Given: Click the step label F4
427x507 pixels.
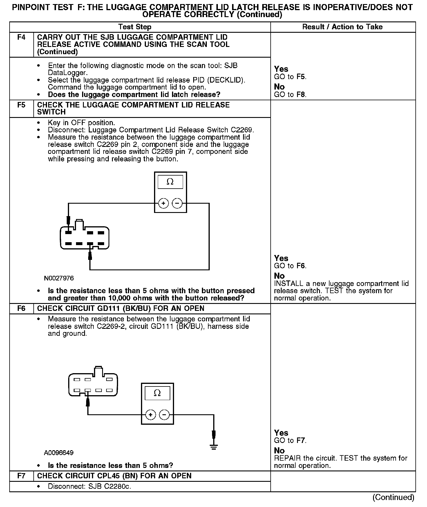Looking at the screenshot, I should [x=21, y=37].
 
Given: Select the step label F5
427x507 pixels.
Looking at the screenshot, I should [x=21, y=105].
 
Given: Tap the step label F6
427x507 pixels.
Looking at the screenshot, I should [x=21, y=308].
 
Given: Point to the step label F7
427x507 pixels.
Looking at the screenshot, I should [x=21, y=476].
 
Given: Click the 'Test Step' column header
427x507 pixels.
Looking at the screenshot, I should [x=135, y=27].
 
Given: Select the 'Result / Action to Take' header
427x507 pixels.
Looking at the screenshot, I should [x=342, y=27].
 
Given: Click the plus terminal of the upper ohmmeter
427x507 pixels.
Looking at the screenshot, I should [x=164, y=203].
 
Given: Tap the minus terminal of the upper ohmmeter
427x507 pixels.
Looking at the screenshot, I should [x=177, y=203].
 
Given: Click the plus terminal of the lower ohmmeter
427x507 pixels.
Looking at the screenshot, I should [x=151, y=415].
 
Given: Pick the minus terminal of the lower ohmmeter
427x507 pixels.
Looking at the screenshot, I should [x=164, y=415].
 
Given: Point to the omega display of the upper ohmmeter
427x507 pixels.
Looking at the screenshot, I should [x=170, y=182].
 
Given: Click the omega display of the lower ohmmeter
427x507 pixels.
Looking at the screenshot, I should [x=157, y=393].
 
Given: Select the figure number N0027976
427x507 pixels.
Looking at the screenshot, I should [x=59, y=278].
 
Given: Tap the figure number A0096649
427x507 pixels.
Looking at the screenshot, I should [x=59, y=453].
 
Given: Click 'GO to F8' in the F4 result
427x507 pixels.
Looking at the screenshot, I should [x=290, y=94].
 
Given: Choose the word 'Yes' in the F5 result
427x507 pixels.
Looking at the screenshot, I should [x=281, y=258].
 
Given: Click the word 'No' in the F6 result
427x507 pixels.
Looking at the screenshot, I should [x=279, y=451].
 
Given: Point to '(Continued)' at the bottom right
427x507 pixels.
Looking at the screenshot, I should [x=393, y=497].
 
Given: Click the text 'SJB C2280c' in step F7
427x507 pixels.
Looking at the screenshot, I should [x=110, y=486].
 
